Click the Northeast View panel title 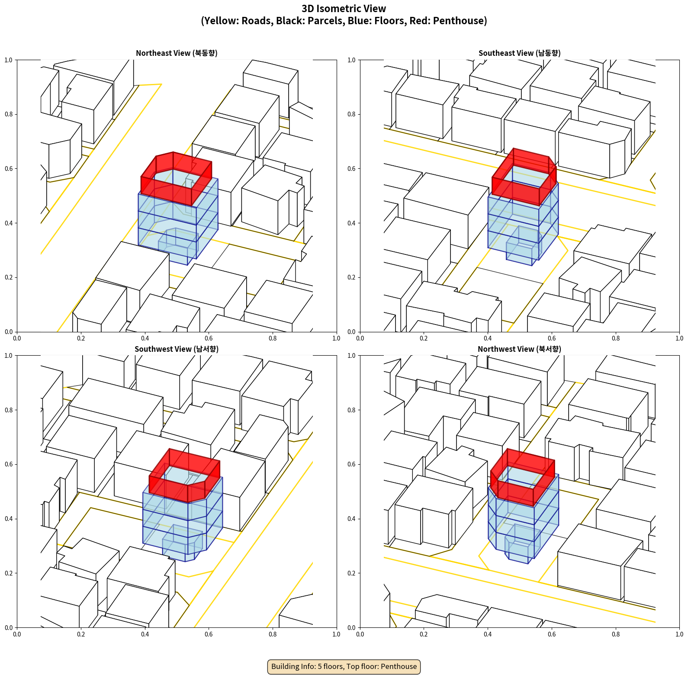click(177, 53)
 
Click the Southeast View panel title click(519, 53)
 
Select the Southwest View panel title click(177, 349)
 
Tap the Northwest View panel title click(519, 349)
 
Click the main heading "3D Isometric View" click(344, 9)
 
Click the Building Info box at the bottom click(344, 666)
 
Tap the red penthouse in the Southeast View click(524, 177)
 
